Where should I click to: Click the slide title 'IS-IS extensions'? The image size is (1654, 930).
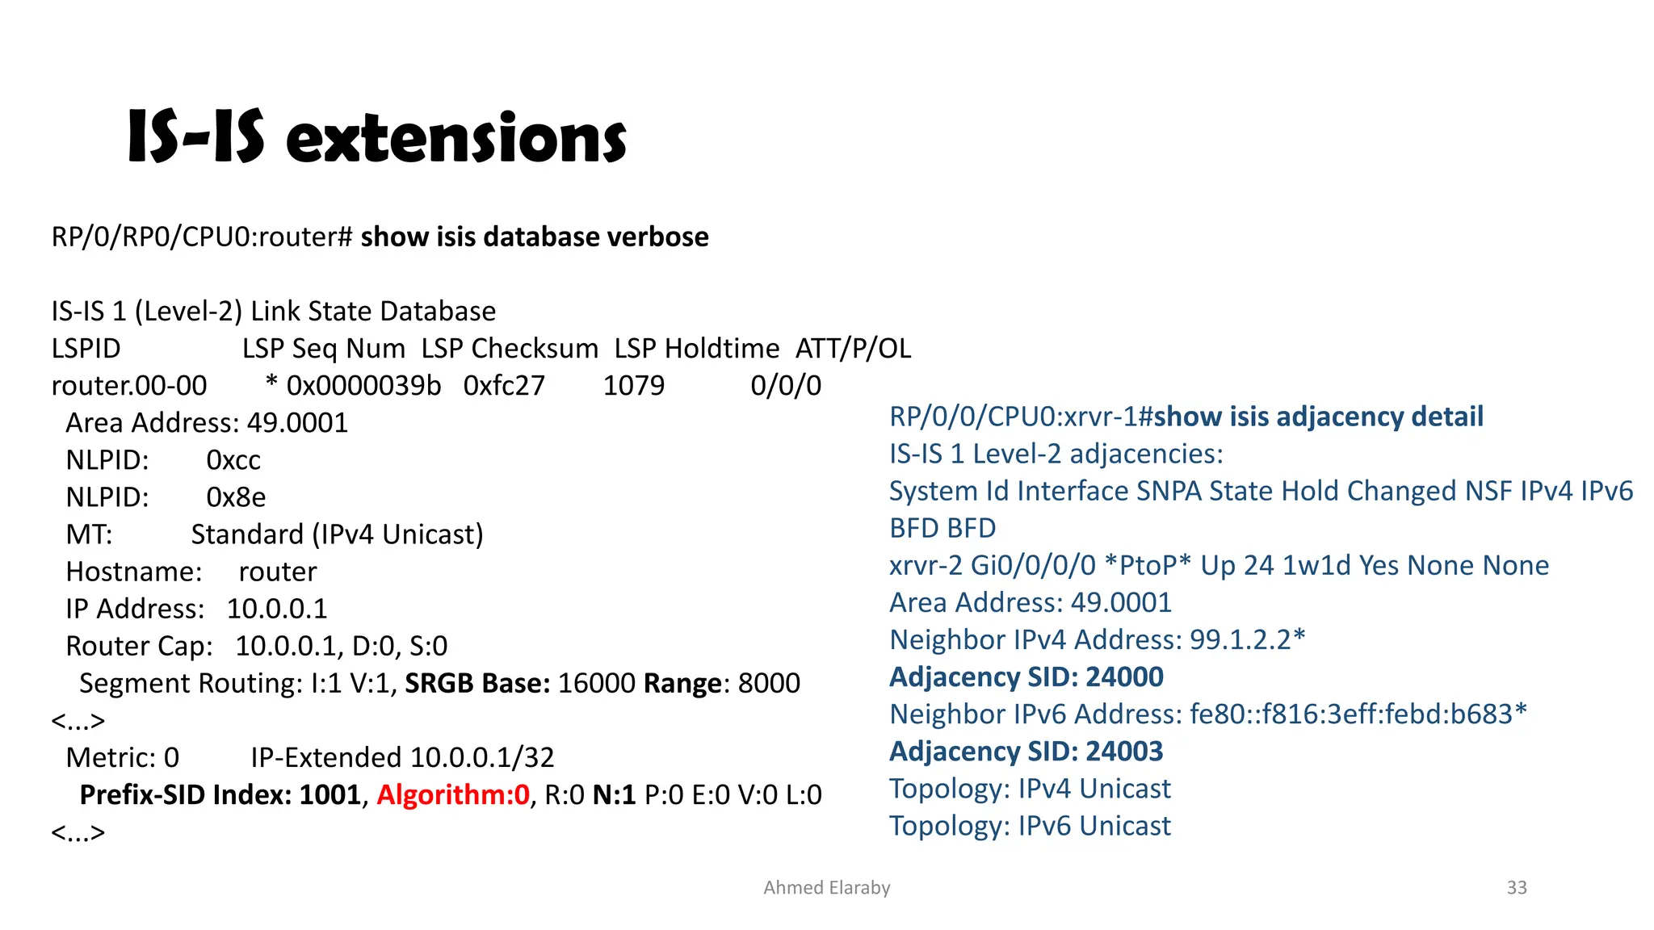(x=376, y=137)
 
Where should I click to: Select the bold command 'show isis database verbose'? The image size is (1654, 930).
(x=534, y=237)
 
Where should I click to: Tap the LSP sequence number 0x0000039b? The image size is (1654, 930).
(x=363, y=386)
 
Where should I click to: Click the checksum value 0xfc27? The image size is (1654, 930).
(x=504, y=386)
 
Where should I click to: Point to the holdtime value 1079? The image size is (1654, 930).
(x=633, y=386)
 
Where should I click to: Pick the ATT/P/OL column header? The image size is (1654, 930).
(x=853, y=349)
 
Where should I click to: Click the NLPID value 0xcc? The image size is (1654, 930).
(x=233, y=460)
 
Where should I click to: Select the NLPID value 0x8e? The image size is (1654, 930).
(x=236, y=497)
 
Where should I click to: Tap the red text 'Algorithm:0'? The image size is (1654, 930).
(x=452, y=795)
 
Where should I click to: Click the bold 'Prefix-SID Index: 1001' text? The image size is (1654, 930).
(x=220, y=795)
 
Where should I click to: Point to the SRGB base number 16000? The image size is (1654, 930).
(x=596, y=684)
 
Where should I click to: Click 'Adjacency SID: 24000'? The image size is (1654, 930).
(x=1026, y=677)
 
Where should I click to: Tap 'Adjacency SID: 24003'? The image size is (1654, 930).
(x=1026, y=752)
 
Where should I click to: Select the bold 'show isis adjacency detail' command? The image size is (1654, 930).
(x=1318, y=417)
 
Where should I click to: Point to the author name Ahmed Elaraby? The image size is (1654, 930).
(x=826, y=888)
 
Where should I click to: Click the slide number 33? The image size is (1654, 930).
(x=1517, y=888)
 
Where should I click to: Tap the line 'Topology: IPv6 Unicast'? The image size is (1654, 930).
(x=1030, y=826)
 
